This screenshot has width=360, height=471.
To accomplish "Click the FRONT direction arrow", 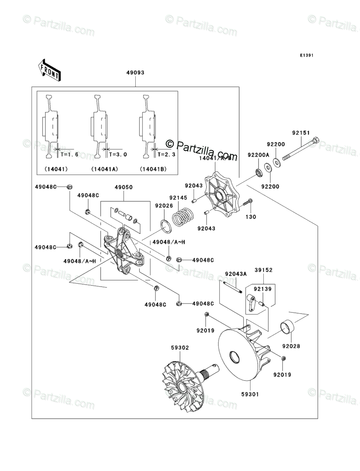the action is (x=49, y=70).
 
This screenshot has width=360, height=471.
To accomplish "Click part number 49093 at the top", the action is (x=135, y=73).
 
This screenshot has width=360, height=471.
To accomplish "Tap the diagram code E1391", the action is (x=306, y=55).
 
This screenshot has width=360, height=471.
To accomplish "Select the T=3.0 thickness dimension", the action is (x=118, y=155).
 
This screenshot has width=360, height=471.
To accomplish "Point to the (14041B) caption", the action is (x=153, y=169).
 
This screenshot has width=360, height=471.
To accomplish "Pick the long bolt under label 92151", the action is (x=300, y=149).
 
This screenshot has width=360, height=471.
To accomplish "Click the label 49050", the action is (x=124, y=187).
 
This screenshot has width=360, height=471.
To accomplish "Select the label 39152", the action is (x=263, y=270).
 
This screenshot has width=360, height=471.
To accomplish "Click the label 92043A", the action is (x=236, y=274).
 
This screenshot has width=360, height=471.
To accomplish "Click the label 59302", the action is (x=180, y=348).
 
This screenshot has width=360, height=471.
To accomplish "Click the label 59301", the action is (x=250, y=395).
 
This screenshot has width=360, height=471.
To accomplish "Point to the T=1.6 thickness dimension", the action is (x=69, y=155).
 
